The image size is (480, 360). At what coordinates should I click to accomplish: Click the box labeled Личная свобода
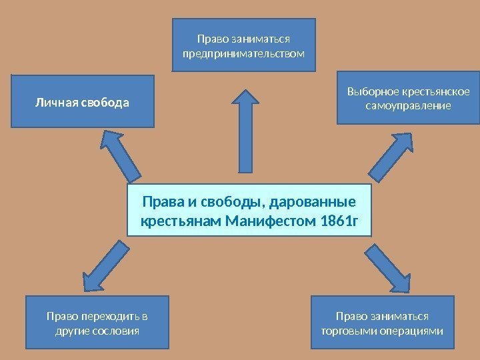click(x=83, y=101)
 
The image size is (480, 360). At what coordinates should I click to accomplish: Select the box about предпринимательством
click(x=244, y=45)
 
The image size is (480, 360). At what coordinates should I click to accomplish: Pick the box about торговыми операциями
click(x=382, y=323)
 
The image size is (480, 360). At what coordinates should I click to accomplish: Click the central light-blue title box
click(x=248, y=211)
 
